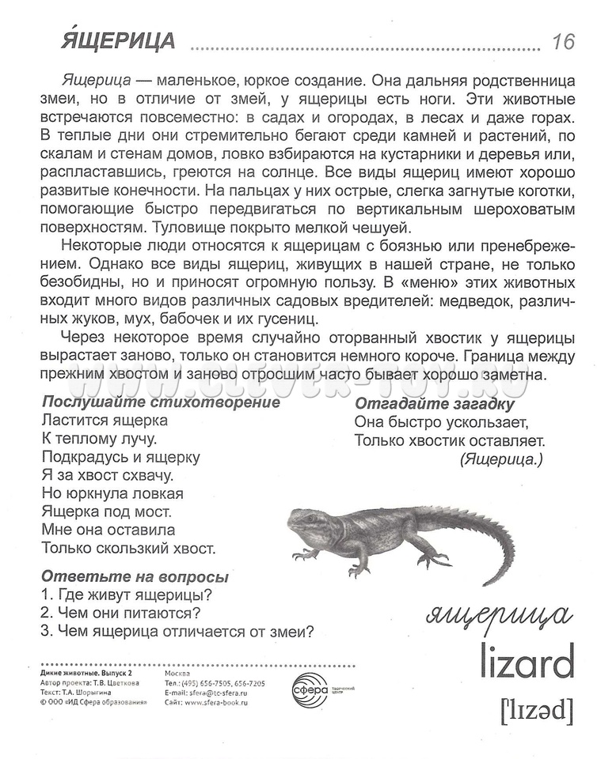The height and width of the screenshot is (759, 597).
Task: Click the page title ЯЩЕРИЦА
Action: point(117,40)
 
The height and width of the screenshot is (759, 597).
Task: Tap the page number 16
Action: point(563,42)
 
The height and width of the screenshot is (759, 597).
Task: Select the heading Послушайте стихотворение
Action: point(161,402)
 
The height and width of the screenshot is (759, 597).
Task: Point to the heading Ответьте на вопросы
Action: point(135,577)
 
